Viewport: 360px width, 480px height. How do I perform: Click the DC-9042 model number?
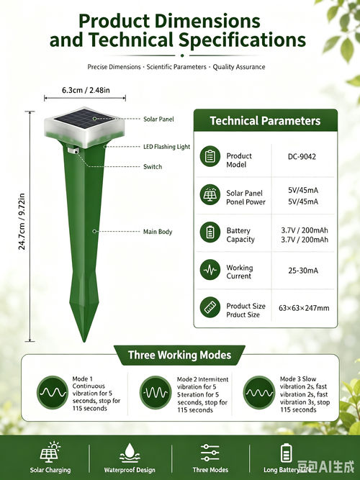pos(302,157)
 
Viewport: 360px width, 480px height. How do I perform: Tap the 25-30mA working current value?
pos(303,271)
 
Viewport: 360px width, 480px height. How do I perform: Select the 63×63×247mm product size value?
pos(304,308)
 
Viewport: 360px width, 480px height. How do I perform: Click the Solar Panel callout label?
pos(158,119)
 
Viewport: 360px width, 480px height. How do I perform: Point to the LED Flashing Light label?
pos(166,147)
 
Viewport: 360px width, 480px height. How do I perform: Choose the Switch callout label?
pos(153,167)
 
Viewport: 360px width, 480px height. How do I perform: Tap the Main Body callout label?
pos(158,232)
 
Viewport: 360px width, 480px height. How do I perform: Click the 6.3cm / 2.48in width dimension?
pos(86,90)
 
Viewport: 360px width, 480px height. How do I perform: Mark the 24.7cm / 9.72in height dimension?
pos(22,222)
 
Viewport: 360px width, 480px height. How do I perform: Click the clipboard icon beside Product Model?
pos(210,156)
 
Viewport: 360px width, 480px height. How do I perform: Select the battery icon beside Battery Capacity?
pos(210,232)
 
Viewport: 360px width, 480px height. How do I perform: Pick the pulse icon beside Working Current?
pos(210,270)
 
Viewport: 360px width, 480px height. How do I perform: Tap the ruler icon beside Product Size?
pos(210,307)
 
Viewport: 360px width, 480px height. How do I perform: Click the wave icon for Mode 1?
pos(53,392)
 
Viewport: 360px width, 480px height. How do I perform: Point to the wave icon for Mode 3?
pos(259,392)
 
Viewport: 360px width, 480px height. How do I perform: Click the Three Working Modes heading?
pos(179,355)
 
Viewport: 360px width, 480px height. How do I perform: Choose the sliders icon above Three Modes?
pos(210,453)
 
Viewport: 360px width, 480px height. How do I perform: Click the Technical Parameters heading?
pos(265,121)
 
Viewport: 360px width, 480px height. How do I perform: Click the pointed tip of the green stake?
pos(84,342)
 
